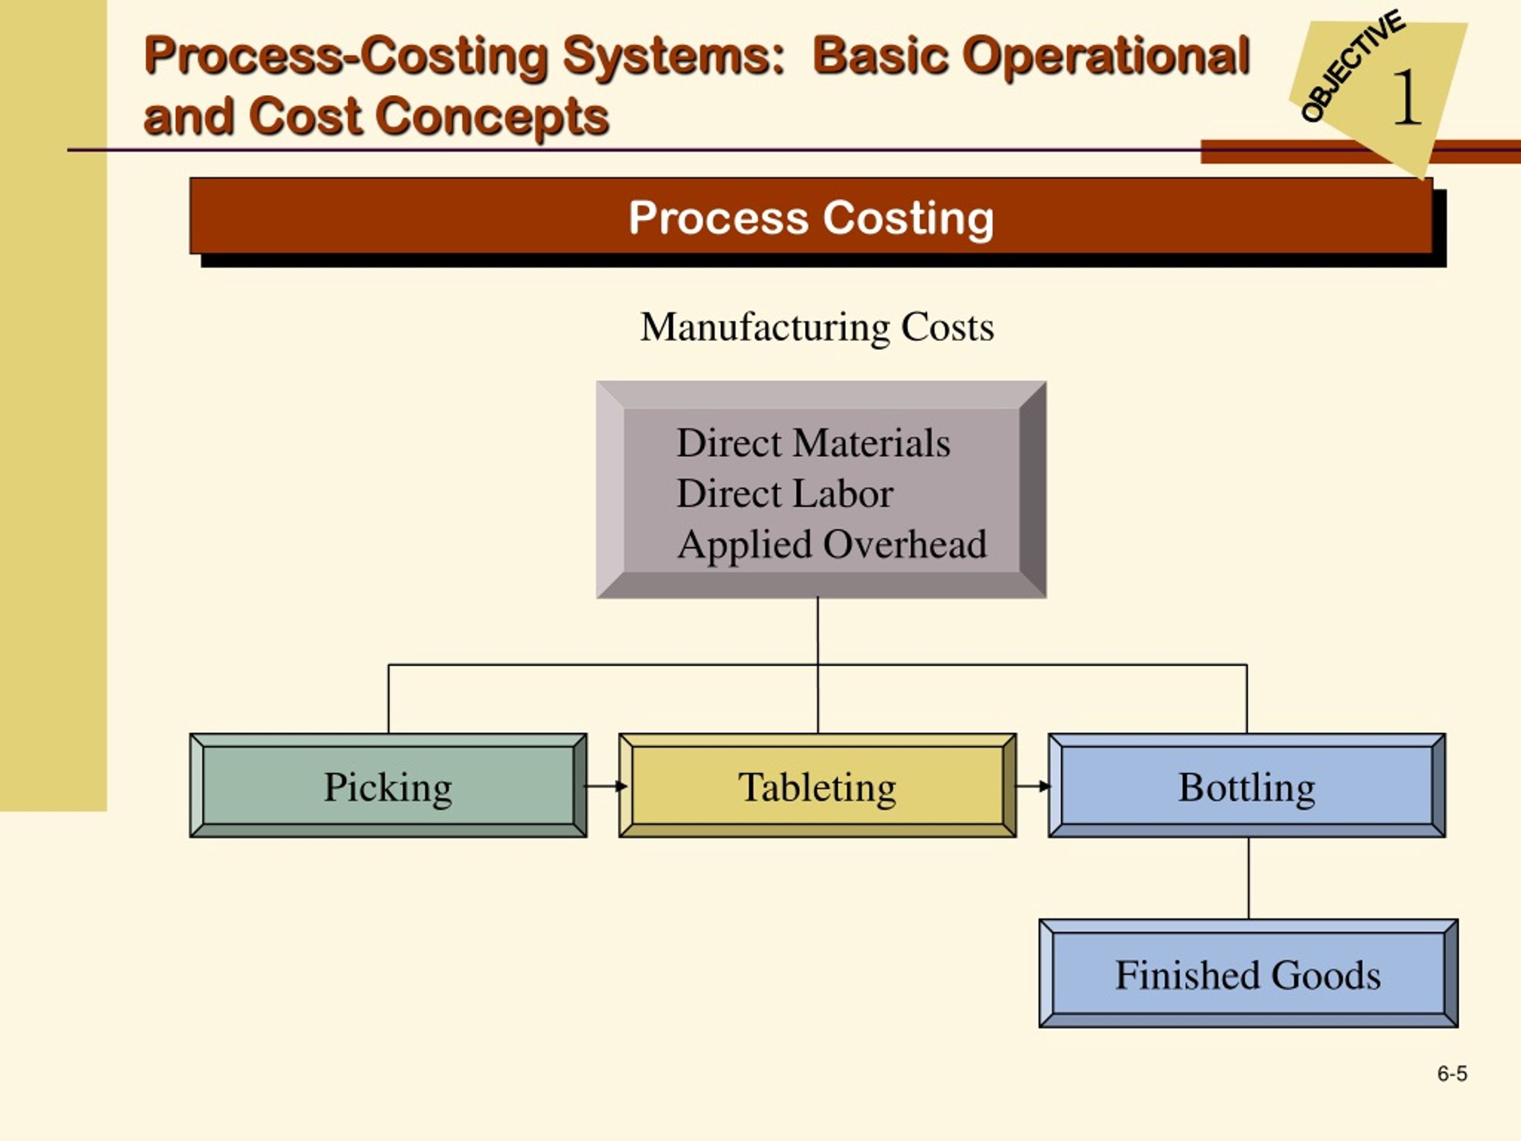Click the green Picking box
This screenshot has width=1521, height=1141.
point(388,786)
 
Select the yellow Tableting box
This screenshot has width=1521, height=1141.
point(817,786)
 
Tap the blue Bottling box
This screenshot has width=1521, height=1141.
point(1247,786)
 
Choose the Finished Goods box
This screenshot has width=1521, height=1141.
point(1248,973)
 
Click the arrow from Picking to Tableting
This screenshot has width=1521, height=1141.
point(604,786)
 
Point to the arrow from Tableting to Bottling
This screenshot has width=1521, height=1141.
point(1033,786)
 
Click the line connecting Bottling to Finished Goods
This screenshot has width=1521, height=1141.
point(1249,878)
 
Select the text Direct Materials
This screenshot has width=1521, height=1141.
point(813,442)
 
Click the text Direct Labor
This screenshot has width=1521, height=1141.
point(785,493)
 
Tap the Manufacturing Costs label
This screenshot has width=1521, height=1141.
point(817,327)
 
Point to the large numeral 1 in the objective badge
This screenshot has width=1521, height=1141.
point(1407,97)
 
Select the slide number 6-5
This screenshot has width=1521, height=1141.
point(1451,1074)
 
